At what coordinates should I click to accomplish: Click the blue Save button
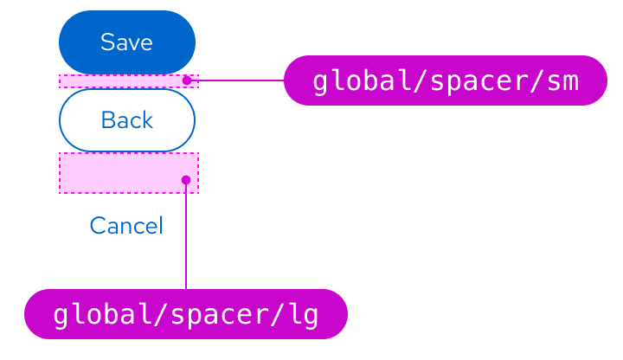click(x=127, y=42)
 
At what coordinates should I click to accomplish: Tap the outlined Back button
click(x=127, y=120)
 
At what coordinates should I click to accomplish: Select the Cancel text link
click(x=126, y=226)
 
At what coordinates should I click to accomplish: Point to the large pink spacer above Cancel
click(x=121, y=173)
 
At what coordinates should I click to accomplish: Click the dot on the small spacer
click(x=186, y=80)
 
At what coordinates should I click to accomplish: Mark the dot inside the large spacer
click(x=186, y=180)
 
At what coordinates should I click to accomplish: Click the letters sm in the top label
click(x=563, y=81)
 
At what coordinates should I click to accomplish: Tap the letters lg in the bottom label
click(x=304, y=315)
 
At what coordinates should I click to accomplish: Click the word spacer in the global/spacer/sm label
click(x=473, y=81)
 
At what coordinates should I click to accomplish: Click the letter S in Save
click(x=106, y=42)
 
